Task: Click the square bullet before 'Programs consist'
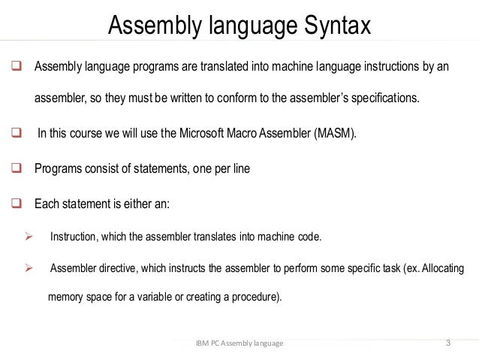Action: [x=15, y=168]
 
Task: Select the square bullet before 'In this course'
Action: [x=15, y=135]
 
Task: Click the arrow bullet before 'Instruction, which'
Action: [x=29, y=237]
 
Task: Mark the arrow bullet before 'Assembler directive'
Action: [x=29, y=269]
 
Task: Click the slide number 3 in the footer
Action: [x=448, y=343]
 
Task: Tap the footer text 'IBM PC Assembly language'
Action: [x=239, y=343]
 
